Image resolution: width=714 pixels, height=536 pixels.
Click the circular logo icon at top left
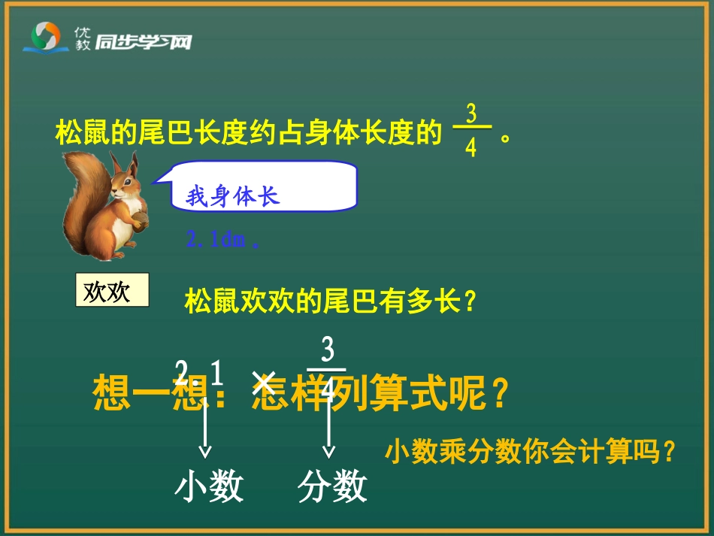(x=46, y=35)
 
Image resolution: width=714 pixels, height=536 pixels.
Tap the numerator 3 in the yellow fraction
(x=471, y=114)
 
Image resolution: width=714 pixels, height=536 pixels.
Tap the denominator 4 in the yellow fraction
(x=471, y=148)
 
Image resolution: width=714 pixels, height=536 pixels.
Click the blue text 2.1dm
(x=217, y=241)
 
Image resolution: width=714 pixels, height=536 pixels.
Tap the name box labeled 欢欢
(x=112, y=291)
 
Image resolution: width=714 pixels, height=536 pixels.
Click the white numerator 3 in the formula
(x=328, y=351)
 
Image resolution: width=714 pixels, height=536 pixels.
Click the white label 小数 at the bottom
(x=209, y=486)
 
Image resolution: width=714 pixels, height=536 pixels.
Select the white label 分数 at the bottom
(x=332, y=486)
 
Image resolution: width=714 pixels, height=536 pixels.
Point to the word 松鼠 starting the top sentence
(x=77, y=133)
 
